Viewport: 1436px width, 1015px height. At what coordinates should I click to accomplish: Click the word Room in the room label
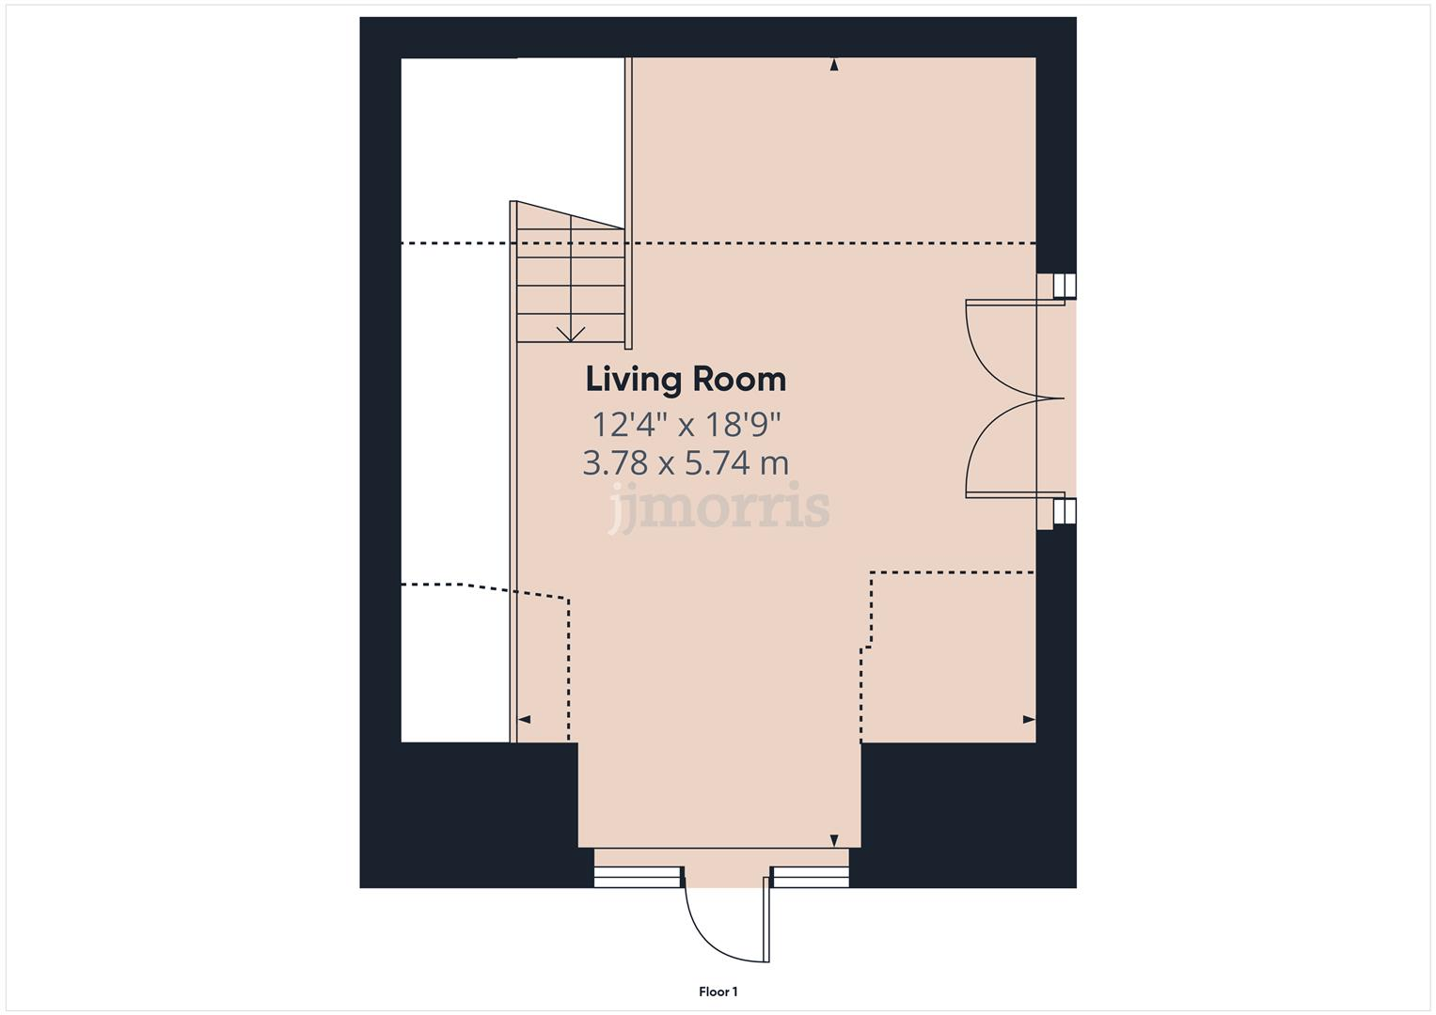pos(739,380)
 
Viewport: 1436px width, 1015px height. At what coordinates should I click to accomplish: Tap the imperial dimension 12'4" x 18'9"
pos(686,425)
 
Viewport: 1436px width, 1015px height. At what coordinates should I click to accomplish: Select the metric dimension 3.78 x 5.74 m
pos(686,463)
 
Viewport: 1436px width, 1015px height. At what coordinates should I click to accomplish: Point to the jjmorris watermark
pos(718,507)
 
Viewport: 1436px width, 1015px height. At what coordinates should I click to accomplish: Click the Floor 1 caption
pos(718,992)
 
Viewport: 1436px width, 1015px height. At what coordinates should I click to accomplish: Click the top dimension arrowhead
pos(833,65)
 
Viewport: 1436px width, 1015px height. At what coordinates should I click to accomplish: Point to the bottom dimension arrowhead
pos(833,839)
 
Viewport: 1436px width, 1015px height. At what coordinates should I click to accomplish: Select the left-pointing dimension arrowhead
pos(524,720)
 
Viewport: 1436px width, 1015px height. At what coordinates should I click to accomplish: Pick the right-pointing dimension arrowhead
pos(1029,720)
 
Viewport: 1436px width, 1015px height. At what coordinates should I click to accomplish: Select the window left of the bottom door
pos(637,877)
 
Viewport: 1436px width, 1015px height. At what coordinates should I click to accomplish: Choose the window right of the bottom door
pos(810,877)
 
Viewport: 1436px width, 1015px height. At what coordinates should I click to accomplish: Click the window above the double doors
pos(1064,286)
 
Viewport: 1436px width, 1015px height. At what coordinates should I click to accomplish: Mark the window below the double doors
pos(1064,511)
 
